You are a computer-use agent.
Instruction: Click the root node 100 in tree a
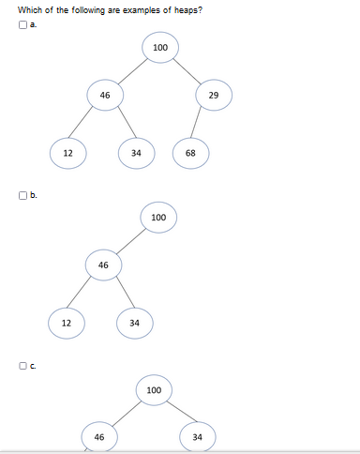[x=159, y=48]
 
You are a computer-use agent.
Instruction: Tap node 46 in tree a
[x=105, y=95]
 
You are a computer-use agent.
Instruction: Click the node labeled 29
[x=214, y=96]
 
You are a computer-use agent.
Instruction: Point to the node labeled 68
[x=190, y=153]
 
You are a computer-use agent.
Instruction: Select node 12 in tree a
[x=67, y=153]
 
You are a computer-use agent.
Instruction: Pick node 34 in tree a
[x=136, y=153]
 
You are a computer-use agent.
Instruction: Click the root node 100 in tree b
[x=158, y=218]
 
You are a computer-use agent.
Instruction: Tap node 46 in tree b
[x=103, y=265]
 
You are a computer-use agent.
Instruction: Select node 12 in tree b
[x=67, y=323]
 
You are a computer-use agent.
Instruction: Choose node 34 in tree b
[x=135, y=323]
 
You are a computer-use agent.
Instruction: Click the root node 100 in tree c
[x=154, y=389]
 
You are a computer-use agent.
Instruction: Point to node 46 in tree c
[x=99, y=437]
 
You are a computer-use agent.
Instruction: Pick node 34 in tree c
[x=197, y=437]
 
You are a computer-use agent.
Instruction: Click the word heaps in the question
[x=180, y=9]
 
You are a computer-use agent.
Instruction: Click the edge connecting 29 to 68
[x=201, y=125]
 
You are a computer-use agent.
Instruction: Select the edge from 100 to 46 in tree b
[x=130, y=241]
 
